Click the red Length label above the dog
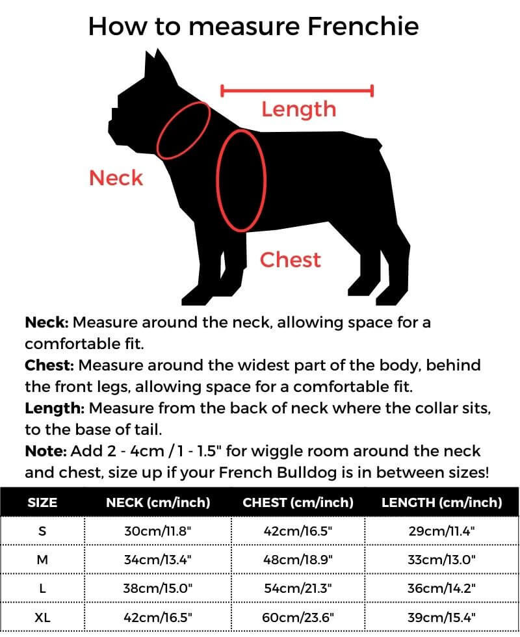(x=298, y=109)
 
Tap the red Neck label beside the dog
(x=116, y=177)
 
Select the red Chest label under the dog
(x=290, y=260)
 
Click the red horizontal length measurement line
(x=297, y=90)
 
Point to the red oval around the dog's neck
(x=183, y=130)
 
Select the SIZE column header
(x=42, y=502)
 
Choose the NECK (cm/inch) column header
(x=158, y=502)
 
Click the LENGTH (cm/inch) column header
(x=441, y=502)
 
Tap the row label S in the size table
(x=42, y=531)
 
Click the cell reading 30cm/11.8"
(x=158, y=531)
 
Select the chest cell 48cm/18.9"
(x=298, y=560)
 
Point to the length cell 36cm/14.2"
(x=441, y=589)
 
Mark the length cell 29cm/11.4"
(x=441, y=531)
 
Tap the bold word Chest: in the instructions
(x=49, y=365)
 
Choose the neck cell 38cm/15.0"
(x=158, y=589)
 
